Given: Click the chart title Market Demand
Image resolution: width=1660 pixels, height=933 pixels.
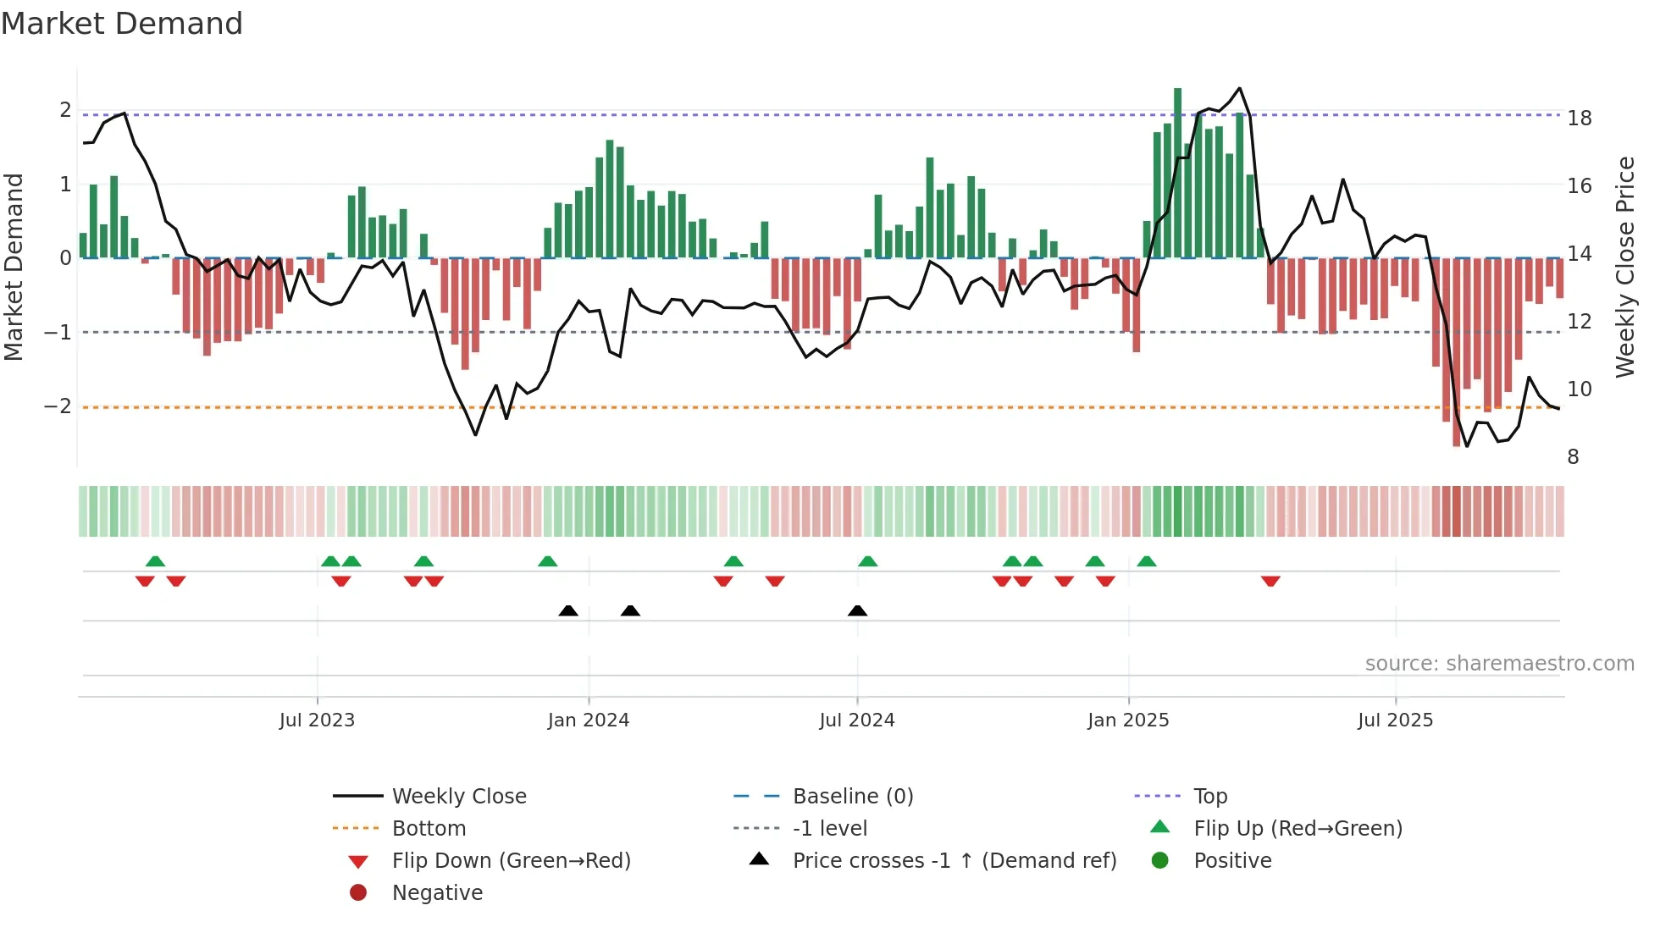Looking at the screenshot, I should click(x=122, y=24).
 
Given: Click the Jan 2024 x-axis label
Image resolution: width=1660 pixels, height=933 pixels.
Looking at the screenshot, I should click(x=588, y=720).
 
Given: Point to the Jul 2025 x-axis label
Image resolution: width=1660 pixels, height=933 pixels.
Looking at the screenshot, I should click(x=1395, y=720).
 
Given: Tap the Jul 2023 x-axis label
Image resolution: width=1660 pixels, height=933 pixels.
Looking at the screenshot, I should click(x=317, y=720).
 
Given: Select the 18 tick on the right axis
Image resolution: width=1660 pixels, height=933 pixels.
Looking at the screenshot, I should click(x=1579, y=119).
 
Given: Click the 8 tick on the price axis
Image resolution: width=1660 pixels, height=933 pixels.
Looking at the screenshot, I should click(x=1573, y=457).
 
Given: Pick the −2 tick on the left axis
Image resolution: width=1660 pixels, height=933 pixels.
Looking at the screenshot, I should click(x=58, y=406).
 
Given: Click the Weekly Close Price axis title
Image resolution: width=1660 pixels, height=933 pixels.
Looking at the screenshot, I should click(x=1624, y=267).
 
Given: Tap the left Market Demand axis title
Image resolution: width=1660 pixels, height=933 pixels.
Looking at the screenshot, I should click(x=14, y=267).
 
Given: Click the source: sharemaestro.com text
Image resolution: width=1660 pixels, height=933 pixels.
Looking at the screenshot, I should click(x=1499, y=664).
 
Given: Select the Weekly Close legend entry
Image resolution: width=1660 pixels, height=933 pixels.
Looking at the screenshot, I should click(x=458, y=797).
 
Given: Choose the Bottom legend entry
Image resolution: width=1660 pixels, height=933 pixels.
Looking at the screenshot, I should click(x=429, y=829).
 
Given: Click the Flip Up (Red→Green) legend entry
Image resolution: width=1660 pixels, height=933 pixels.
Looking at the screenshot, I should click(x=1298, y=829).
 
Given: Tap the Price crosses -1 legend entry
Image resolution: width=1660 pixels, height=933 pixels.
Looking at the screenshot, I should click(x=954, y=861).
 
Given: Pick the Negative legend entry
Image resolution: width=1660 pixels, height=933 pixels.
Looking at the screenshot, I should click(x=437, y=893).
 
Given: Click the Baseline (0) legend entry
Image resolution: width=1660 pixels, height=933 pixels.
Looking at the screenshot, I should click(x=852, y=797).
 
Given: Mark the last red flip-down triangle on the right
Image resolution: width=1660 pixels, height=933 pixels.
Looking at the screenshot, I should click(x=1270, y=581).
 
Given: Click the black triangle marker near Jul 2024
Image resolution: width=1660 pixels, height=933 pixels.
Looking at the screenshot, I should click(x=857, y=610).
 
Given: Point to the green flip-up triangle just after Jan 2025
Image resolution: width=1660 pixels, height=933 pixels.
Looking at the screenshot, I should click(x=1147, y=561).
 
